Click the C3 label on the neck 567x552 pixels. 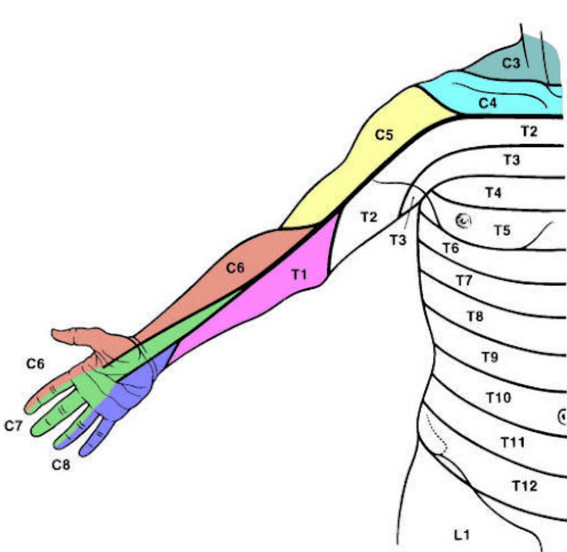[x=511, y=63]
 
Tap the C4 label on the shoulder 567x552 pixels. [x=487, y=102]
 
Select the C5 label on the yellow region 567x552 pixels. [x=384, y=135]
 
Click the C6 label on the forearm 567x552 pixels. [x=235, y=268]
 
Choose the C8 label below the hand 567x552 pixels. [x=61, y=465]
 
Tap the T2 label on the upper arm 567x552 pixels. [x=369, y=217]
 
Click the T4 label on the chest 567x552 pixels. [x=493, y=193]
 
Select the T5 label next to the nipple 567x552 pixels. [x=502, y=230]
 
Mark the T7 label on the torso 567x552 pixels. [x=464, y=281]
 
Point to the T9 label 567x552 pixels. [x=489, y=357]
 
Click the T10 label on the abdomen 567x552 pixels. [x=498, y=397]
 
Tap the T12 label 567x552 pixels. [x=524, y=486]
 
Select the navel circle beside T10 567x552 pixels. [x=562, y=416]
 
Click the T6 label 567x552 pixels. [x=450, y=247]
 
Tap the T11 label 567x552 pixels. [x=512, y=442]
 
